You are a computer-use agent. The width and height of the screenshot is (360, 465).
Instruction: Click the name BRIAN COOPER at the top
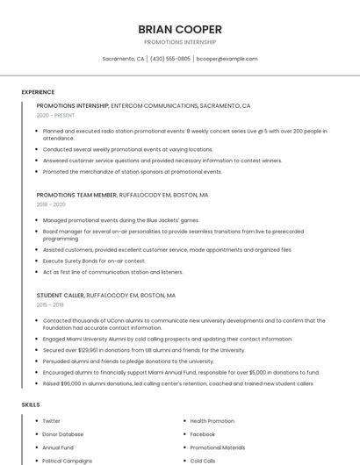179,30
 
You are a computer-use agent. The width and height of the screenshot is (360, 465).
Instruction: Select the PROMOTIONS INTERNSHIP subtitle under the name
179,42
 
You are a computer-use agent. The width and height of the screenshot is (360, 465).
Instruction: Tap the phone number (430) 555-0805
169,59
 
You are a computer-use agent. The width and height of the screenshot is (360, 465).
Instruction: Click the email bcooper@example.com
227,59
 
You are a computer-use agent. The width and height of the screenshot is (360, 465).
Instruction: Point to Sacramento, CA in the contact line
123,59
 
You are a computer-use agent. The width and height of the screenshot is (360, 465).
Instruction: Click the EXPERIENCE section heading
38,92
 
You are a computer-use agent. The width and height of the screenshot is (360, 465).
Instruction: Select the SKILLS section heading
31,404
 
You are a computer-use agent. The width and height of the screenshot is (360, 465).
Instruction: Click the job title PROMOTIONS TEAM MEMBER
76,196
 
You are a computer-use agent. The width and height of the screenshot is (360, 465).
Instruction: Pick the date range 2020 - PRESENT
55,115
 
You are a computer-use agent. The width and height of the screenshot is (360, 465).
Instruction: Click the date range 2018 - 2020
51,204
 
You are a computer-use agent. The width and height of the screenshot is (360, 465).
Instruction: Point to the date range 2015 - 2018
50,304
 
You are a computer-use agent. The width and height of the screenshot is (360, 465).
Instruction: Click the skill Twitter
52,421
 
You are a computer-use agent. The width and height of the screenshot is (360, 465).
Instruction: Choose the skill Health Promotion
212,421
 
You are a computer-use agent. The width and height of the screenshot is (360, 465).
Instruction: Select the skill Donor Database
63,434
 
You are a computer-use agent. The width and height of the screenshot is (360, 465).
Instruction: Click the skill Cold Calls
203,461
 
